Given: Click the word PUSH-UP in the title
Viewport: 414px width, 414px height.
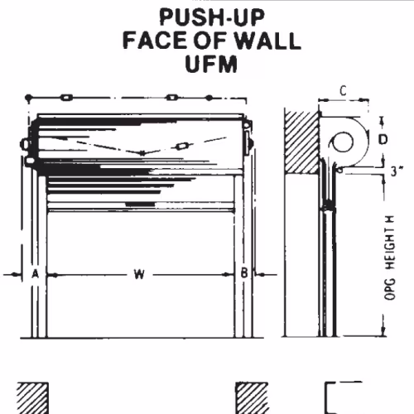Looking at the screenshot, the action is click(212, 17).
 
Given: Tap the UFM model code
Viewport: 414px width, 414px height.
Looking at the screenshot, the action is click(211, 64).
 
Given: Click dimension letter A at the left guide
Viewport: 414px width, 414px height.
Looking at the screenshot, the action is click(35, 274).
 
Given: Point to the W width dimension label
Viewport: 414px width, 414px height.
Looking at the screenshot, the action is click(139, 274).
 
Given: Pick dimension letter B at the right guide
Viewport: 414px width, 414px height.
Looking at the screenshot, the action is click(244, 273).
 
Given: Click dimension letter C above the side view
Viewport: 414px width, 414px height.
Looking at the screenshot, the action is click(343, 91).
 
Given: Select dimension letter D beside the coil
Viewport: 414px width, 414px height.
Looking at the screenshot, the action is click(383, 140).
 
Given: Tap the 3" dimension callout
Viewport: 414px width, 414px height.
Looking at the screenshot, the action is click(397, 171).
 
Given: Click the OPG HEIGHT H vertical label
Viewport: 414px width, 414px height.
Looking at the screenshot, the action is click(390, 258).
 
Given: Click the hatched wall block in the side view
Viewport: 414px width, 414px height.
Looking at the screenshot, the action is click(301, 142).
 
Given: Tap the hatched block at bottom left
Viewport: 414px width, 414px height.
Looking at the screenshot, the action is click(32, 398).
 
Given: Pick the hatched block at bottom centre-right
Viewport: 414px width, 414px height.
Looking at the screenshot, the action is click(252, 398).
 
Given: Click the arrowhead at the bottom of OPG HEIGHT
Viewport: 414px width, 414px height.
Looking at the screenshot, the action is click(383, 332).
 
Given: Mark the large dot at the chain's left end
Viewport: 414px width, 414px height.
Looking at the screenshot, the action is click(28, 98).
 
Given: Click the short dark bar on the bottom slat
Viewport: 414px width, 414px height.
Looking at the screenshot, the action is click(140, 205).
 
